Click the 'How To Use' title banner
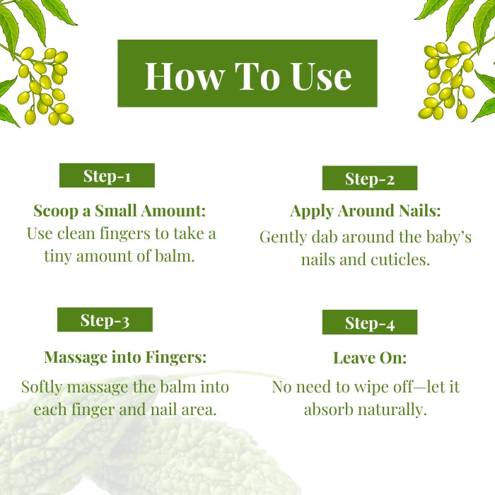pos(248,74)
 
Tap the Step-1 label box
pos(107,175)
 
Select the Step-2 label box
pos(370,178)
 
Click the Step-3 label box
pos(105,320)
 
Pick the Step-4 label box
pos(370,322)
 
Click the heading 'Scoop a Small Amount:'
pos(120,211)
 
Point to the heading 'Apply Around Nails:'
pos(366,211)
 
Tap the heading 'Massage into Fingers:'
pos(125,357)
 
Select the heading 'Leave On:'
pos(370,358)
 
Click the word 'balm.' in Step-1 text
pos(175,256)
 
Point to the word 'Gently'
pos(283,238)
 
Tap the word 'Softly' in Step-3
pos(41,387)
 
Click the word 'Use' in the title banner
pos(321,76)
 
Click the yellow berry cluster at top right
pos(446,81)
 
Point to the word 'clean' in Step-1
pos(76,234)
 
